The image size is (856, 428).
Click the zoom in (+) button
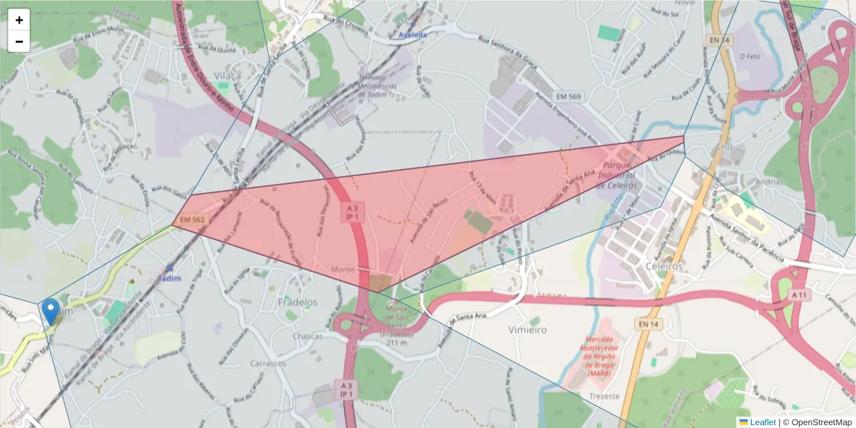click(19, 20)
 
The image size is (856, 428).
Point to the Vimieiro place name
click(528, 330)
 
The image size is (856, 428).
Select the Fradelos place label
click(297, 302)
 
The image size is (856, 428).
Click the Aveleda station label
click(412, 34)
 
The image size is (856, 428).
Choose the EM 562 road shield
click(193, 220)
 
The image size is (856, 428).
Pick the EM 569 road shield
click(569, 96)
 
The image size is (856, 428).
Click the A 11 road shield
click(800, 295)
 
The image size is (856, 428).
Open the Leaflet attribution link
click(763, 422)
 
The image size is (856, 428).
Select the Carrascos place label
click(268, 363)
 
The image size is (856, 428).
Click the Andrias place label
click(770, 182)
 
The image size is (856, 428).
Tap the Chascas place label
click(307, 336)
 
